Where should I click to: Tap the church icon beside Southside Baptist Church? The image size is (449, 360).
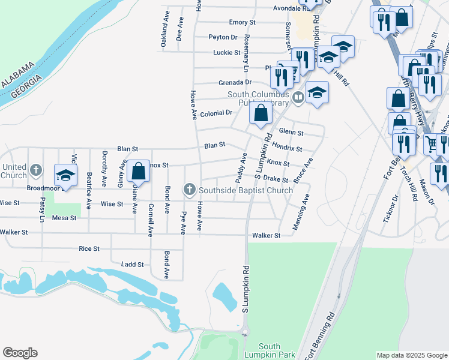[190, 190]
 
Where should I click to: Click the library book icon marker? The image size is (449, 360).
[298, 97]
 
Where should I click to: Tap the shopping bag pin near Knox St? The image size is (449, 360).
[138, 171]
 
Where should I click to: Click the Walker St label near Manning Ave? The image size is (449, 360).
[266, 236]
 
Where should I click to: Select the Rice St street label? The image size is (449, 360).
[89, 248]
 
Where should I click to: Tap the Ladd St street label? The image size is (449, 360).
[132, 264]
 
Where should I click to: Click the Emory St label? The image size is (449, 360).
[243, 22]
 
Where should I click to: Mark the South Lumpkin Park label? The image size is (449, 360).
[270, 351]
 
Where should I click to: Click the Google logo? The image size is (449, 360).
[20, 353]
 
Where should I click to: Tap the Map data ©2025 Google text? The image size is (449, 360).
[411, 355]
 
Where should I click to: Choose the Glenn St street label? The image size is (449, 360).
[291, 133]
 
